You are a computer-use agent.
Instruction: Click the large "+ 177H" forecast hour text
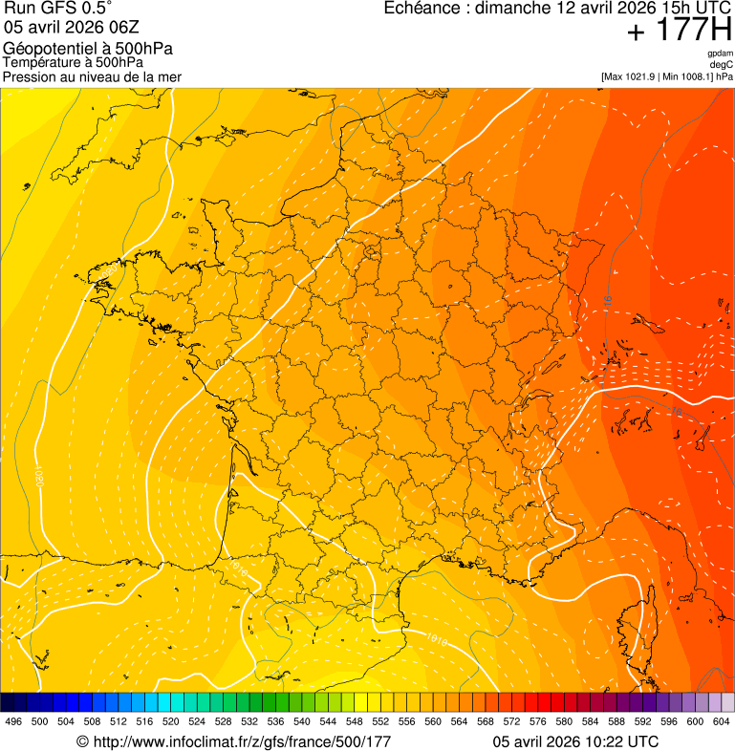679,32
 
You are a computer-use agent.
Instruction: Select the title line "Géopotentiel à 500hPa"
88,49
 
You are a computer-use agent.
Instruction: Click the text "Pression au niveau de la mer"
92,76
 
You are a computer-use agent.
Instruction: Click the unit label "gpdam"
720,54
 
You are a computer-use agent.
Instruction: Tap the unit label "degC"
722,65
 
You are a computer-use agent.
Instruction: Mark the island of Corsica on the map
637,621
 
